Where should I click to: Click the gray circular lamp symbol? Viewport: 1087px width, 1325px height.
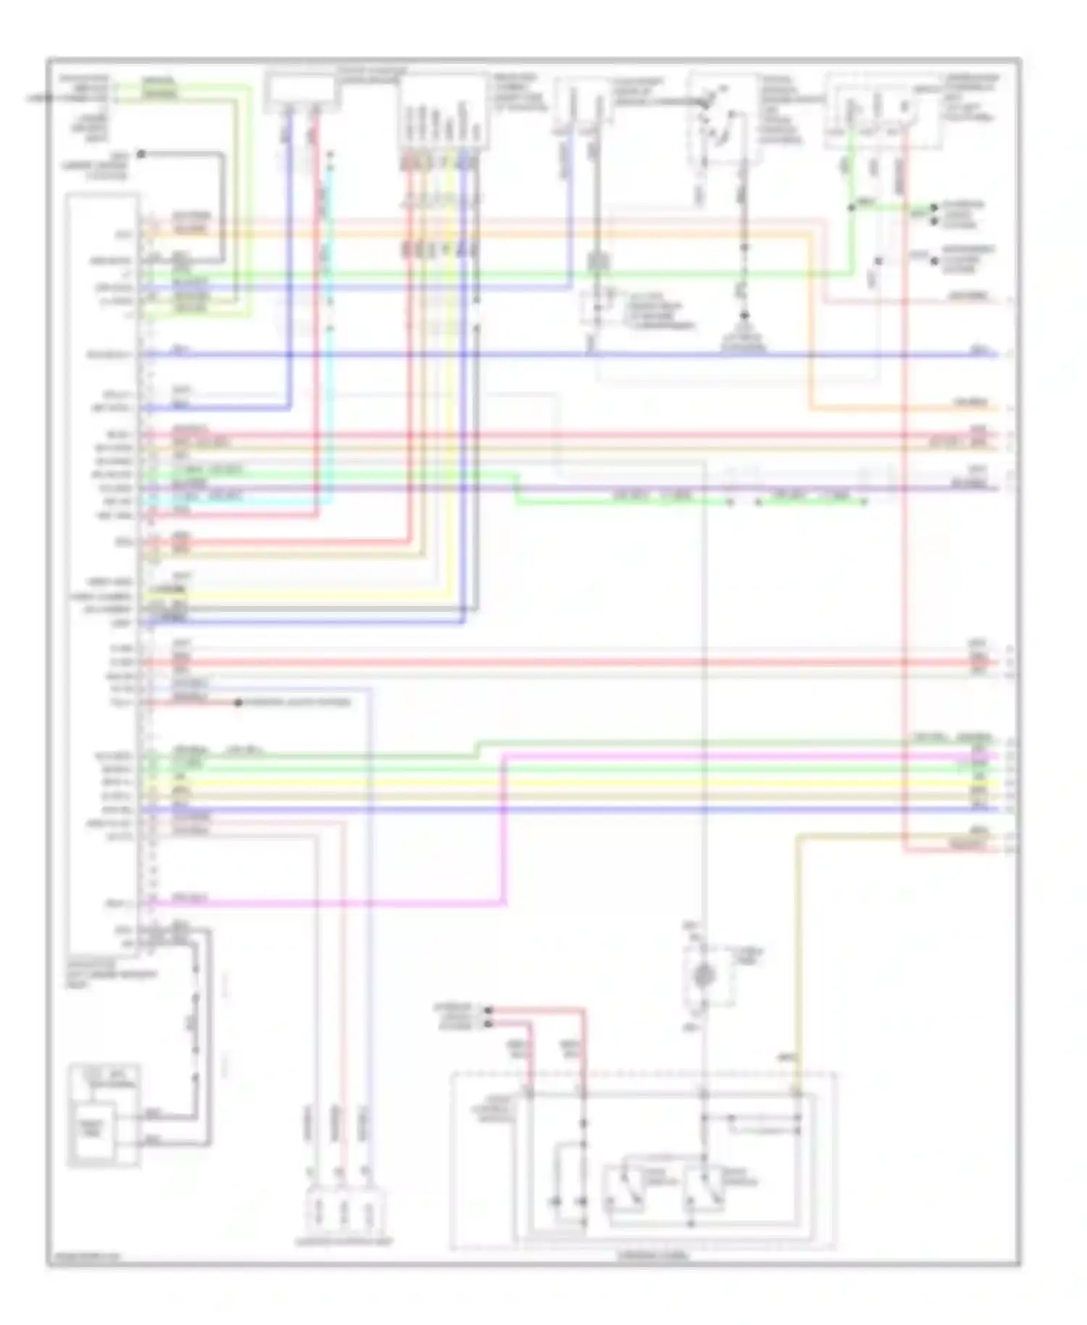click(703, 976)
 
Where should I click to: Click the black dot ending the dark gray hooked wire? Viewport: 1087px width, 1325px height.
click(141, 154)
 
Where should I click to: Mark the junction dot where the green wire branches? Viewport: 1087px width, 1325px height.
click(852, 207)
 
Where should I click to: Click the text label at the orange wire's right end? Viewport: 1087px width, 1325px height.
click(971, 402)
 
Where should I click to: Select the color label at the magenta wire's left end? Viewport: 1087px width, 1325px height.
click(190, 899)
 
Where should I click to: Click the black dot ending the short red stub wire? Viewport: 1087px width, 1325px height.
click(238, 702)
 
